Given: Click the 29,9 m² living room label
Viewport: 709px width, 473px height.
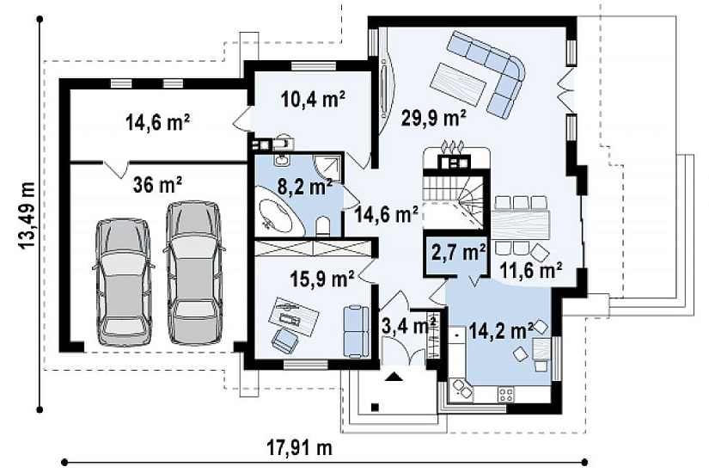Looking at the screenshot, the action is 433,119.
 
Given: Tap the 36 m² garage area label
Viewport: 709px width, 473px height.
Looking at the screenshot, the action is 158,184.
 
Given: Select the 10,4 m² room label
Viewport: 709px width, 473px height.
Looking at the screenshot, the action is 313,98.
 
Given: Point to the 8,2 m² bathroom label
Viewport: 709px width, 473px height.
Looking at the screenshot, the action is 304,187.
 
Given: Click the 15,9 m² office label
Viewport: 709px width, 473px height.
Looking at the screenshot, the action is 321,279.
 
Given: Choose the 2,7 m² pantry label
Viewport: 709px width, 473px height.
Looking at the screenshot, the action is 459,252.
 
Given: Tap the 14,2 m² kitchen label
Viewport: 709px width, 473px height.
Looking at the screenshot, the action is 501,330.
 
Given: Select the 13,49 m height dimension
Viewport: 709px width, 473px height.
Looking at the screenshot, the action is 28,216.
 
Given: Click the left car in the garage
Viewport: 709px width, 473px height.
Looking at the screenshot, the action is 124,283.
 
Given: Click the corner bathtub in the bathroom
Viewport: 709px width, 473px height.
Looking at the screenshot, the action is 278,217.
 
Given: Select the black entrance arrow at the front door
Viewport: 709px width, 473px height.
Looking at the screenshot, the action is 394,376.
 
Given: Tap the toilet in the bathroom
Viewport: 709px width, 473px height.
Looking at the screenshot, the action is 322,226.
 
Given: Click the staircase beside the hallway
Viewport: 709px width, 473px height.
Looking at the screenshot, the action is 453,200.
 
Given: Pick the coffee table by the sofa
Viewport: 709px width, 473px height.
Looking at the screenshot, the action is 459,83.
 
